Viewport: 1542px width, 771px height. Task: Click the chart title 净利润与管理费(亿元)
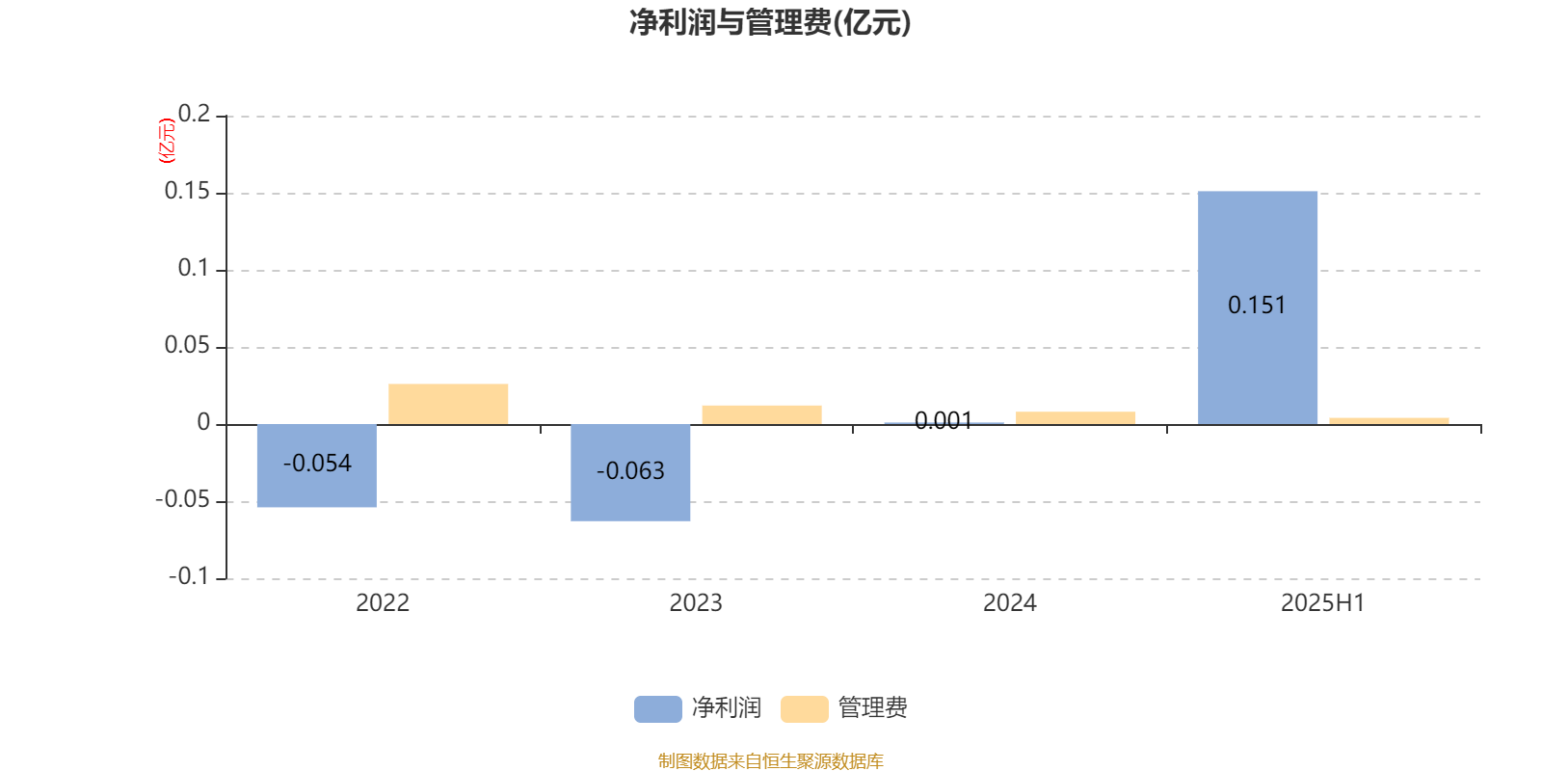click(770, 22)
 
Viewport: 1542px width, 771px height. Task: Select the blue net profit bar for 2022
click(317, 466)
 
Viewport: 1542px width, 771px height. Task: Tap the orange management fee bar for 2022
click(448, 404)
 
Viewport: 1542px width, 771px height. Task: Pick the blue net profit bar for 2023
click(630, 473)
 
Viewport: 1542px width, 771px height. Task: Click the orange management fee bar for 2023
click(762, 415)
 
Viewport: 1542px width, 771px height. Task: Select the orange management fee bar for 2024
click(1076, 418)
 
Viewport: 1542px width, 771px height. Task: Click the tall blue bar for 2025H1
click(1258, 307)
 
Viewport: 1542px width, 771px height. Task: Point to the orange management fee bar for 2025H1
click(1389, 421)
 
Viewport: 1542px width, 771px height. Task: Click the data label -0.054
click(317, 464)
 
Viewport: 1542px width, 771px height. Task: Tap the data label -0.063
click(630, 471)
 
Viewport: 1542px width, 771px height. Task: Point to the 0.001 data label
click(944, 420)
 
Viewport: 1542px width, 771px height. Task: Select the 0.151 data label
click(1257, 305)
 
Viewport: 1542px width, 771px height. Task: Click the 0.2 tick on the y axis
click(194, 114)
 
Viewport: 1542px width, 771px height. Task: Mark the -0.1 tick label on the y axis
click(189, 576)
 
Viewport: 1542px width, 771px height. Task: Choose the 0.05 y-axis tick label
click(187, 345)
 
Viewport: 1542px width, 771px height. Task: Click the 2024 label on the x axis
click(1010, 603)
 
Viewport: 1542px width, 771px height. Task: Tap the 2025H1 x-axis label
click(1323, 603)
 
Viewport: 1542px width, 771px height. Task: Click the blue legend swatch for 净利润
click(658, 709)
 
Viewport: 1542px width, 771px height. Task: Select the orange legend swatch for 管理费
click(805, 709)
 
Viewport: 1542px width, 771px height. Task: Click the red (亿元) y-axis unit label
click(167, 141)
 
